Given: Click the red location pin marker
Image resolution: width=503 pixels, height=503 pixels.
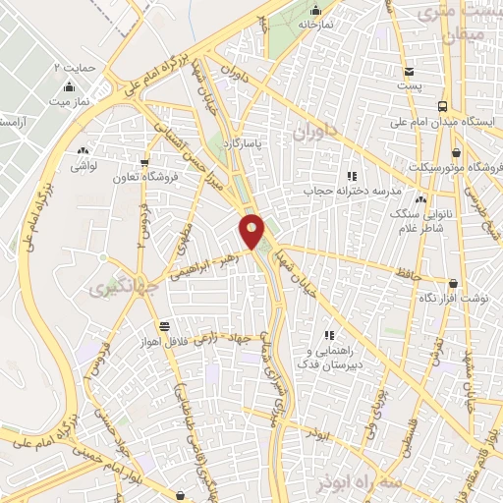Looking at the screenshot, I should pyautogui.click(x=252, y=231).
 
